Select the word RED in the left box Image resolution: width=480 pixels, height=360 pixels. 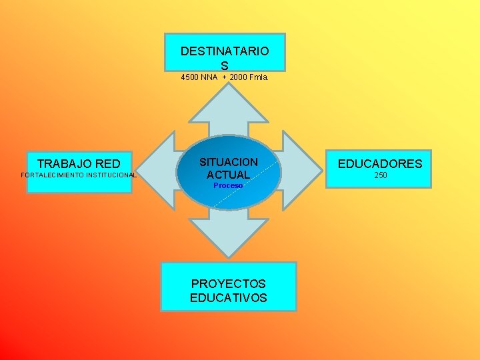(x=108, y=164)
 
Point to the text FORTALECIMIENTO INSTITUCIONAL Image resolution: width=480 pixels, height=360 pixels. (x=79, y=175)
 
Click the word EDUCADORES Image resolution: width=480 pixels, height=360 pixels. (x=380, y=164)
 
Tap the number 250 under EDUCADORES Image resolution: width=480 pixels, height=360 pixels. (x=381, y=175)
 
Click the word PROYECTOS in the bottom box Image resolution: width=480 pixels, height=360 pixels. (x=228, y=284)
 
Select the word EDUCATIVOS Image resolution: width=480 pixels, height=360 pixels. (x=229, y=297)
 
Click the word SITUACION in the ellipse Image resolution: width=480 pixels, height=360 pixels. (x=229, y=162)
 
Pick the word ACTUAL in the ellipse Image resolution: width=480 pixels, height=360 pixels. (x=229, y=175)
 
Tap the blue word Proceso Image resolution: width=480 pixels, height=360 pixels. (x=228, y=185)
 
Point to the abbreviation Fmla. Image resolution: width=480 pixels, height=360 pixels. (x=259, y=77)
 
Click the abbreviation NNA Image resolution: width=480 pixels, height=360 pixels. (x=209, y=77)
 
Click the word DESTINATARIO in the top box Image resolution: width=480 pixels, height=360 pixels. (x=225, y=51)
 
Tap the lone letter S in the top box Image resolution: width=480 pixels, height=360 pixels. (x=225, y=65)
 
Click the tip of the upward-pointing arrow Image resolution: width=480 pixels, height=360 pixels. (x=229, y=83)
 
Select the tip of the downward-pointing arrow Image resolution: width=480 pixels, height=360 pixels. (x=229, y=258)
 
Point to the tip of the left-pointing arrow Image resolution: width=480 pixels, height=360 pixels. (x=136, y=171)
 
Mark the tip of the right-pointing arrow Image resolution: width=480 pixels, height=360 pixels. (x=322, y=171)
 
